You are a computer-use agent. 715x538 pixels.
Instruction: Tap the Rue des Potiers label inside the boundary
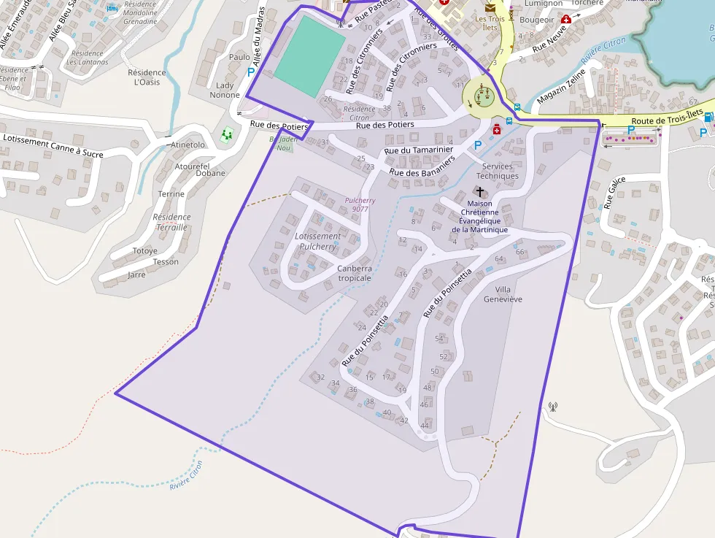tap(384, 125)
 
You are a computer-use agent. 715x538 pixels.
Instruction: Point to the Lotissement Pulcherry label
tap(317, 242)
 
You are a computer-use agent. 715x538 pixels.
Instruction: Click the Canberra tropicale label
tap(355, 273)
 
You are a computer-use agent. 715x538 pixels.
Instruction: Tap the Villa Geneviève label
tap(503, 294)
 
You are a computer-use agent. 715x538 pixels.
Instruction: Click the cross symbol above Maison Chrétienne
tap(479, 191)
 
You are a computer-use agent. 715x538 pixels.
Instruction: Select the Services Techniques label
tap(498, 171)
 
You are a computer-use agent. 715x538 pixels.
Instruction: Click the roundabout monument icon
tap(482, 93)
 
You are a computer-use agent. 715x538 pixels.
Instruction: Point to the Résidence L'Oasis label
tap(147, 77)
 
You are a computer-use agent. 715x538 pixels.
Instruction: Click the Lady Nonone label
tap(225, 91)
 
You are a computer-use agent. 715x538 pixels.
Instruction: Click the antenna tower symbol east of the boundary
tap(552, 406)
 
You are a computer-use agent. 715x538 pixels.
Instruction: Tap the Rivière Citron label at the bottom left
tap(186, 476)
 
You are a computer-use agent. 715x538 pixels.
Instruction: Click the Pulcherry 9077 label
tap(360, 204)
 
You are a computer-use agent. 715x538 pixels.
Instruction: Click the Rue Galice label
tap(614, 193)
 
